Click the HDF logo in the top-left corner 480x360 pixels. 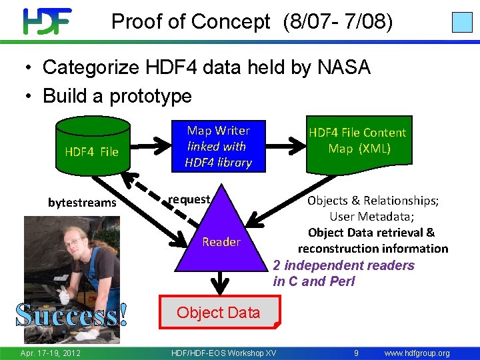pos(47,21)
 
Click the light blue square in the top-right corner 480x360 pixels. pos(462,22)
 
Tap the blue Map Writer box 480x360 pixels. pos(218,146)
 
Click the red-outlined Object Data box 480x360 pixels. pos(219,313)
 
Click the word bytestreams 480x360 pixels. pos(82,203)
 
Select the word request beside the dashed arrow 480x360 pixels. pos(189,199)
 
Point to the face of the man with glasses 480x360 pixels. pos(73,241)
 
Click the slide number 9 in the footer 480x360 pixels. pos(357,353)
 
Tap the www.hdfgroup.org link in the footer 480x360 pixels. pos(417,353)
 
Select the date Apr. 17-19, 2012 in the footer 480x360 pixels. pos(50,353)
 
